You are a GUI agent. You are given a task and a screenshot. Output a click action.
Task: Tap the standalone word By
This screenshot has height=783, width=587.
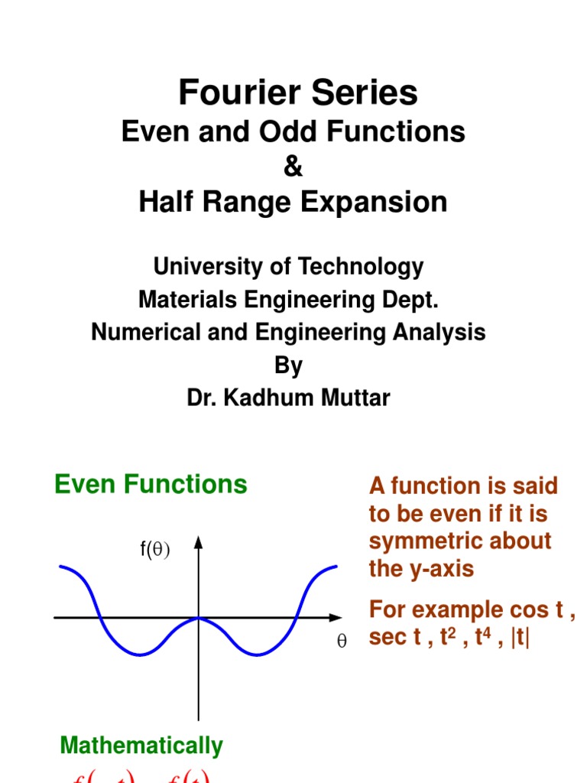pos(289,366)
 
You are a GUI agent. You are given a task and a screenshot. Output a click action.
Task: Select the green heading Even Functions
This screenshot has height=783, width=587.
pos(151,484)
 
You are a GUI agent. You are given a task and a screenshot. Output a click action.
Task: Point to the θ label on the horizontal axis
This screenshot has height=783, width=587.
pos(342,642)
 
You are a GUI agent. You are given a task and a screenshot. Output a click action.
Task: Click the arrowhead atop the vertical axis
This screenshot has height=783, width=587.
pos(199,542)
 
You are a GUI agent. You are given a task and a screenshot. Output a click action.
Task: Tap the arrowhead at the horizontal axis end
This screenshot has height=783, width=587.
pos(336,616)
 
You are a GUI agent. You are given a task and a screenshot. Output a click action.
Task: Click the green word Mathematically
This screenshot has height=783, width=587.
pos(141,746)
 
